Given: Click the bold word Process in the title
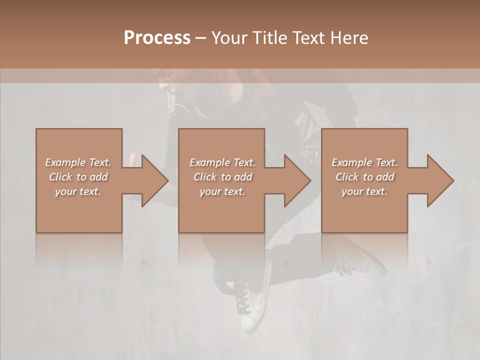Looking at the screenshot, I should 157,38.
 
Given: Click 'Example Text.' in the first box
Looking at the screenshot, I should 78,162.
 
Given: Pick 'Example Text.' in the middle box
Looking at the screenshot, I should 222,162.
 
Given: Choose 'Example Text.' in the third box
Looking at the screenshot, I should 364,162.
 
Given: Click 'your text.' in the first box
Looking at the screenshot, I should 78,191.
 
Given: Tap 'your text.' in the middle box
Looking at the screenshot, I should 222,191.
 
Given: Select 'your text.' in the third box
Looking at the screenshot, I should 364,191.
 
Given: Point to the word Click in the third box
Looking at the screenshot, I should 347,177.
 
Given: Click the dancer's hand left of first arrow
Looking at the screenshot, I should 132,160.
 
